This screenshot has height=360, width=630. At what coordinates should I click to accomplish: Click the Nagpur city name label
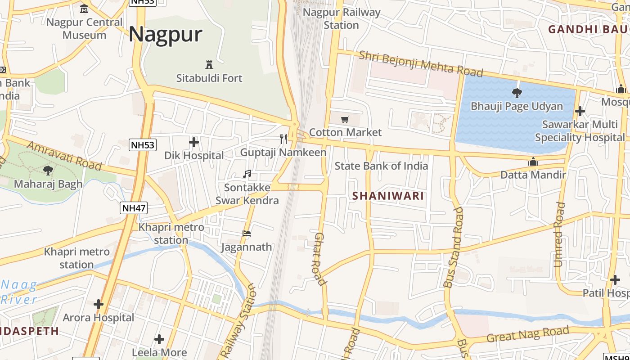pos(166,35)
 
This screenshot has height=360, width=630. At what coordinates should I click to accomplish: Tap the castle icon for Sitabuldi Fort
pos(209,64)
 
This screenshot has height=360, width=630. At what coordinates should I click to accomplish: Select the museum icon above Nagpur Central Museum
pos(84,9)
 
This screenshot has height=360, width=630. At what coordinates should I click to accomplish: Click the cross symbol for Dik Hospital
pos(194,142)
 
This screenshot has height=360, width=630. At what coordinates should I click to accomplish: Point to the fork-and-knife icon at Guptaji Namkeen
pos(283,139)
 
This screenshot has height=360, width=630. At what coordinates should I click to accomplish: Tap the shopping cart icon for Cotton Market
pos(345,119)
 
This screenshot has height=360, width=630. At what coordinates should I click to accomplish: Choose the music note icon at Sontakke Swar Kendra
pos(247,174)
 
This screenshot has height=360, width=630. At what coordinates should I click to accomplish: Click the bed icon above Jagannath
pos(247,234)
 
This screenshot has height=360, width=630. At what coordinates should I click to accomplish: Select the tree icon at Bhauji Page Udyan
pos(517,93)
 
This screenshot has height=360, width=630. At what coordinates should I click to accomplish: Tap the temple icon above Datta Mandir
pos(533,162)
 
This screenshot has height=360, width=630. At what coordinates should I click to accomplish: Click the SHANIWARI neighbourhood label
pos(388,196)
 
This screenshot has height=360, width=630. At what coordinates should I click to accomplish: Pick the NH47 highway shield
pos(134,208)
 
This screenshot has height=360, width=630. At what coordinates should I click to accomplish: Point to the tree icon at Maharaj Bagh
pos(48,171)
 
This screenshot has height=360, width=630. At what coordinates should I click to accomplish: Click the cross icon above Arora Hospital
pos(99,304)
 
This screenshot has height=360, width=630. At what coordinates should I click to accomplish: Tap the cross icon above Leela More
pos(159,339)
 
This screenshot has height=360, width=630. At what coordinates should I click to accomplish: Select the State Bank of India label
pos(381,166)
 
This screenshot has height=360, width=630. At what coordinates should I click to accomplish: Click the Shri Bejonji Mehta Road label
pos(421,63)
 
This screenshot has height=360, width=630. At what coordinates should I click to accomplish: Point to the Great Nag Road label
pos(528,335)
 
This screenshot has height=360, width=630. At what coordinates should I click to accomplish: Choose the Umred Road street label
pos(558,234)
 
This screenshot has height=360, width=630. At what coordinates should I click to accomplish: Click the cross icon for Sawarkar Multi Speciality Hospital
pos(580,111)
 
